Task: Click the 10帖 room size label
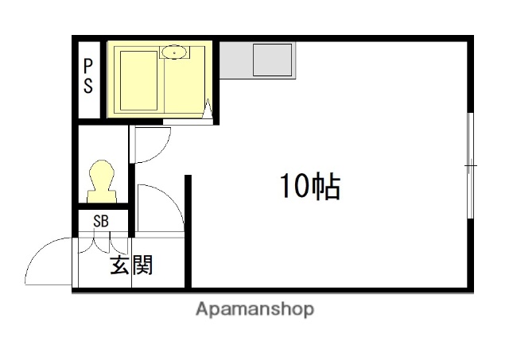point(309,187)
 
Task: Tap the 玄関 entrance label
point(131,265)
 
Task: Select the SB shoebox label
point(101,222)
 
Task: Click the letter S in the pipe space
point(87,86)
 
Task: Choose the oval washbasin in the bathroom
point(174,52)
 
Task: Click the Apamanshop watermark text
point(254,309)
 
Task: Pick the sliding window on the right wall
point(471,165)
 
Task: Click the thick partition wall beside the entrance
point(188,231)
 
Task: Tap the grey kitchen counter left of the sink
point(235,61)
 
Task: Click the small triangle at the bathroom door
point(209,111)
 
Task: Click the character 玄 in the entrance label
point(119,265)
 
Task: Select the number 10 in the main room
point(291,187)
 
